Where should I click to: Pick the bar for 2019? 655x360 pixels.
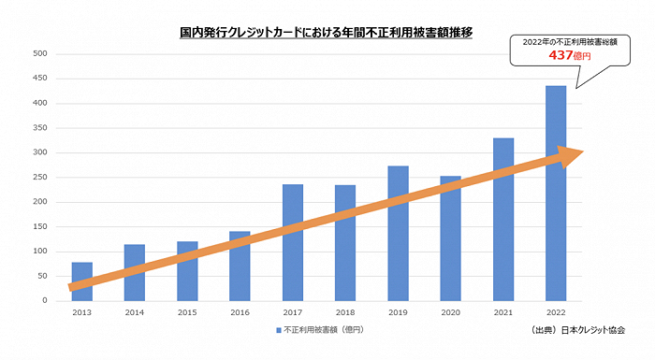[x=399, y=233]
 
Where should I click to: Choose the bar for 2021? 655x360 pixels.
[x=503, y=219]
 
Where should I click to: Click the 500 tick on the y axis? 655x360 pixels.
[x=40, y=53]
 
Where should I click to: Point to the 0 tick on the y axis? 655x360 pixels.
[x=44, y=301]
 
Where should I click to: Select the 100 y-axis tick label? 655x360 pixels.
[x=40, y=252]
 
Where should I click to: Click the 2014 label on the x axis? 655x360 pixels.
[x=135, y=313]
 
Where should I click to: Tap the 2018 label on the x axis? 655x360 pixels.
[x=345, y=313]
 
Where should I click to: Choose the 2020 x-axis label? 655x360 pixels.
[x=451, y=313]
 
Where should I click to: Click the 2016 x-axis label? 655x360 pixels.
[x=240, y=313]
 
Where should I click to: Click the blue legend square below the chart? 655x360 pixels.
[x=278, y=331]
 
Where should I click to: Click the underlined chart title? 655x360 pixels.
[x=327, y=32]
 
